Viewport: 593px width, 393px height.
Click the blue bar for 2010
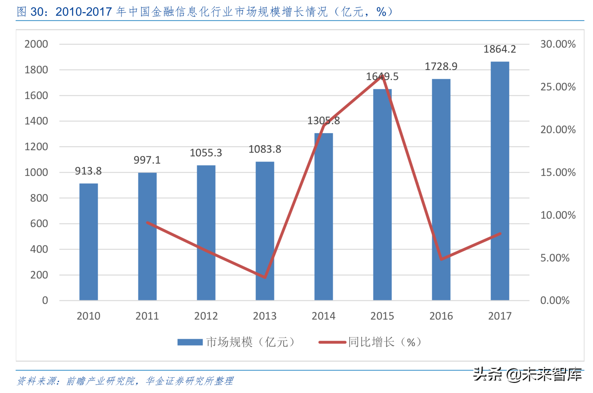pos(88,242)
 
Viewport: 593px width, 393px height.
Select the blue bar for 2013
pos(265,231)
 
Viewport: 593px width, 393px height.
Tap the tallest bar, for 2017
pos(500,181)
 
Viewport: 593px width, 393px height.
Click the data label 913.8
pos(88,171)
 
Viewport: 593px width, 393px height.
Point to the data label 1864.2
pos(500,49)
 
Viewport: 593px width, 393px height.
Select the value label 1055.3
pos(206,153)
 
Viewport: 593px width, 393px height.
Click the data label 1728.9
pos(441,67)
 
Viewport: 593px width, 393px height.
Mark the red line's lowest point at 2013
pos(265,277)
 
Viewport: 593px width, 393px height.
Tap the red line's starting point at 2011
pos(147,223)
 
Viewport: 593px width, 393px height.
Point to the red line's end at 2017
pos(500,234)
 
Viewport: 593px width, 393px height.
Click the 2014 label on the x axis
pos(323,316)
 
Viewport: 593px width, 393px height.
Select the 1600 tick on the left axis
pos(36,96)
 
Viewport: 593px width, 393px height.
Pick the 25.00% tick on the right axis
pos(558,87)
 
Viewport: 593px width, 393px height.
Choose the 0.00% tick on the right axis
pos(555,300)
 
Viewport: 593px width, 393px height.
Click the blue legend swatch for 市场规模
pos(190,342)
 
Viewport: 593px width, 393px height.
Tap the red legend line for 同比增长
pos(332,342)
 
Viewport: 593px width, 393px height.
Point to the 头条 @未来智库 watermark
pos(527,375)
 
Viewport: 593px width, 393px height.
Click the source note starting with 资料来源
pos(125,381)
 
